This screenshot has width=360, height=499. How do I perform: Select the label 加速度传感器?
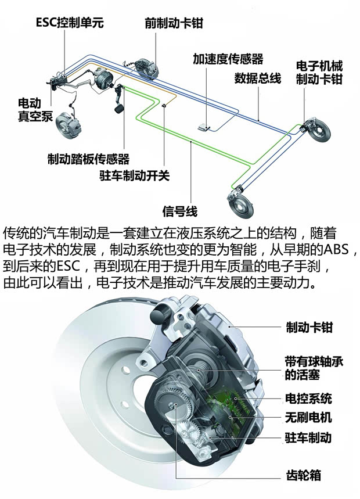pyautogui.click(x=228, y=59)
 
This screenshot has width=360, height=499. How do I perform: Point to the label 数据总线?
pyautogui.click(x=257, y=78)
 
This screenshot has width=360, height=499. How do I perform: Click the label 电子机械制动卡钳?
pyautogui.click(x=319, y=73)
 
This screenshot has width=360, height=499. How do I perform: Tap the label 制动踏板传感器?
pyautogui.click(x=88, y=159)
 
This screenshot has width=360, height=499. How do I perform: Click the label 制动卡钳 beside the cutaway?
pyautogui.click(x=309, y=327)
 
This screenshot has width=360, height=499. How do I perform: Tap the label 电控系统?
pyautogui.click(x=309, y=399)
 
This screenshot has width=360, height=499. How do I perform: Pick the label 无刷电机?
pyautogui.click(x=309, y=418)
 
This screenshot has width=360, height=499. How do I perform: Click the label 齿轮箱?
pyautogui.click(x=303, y=475)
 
